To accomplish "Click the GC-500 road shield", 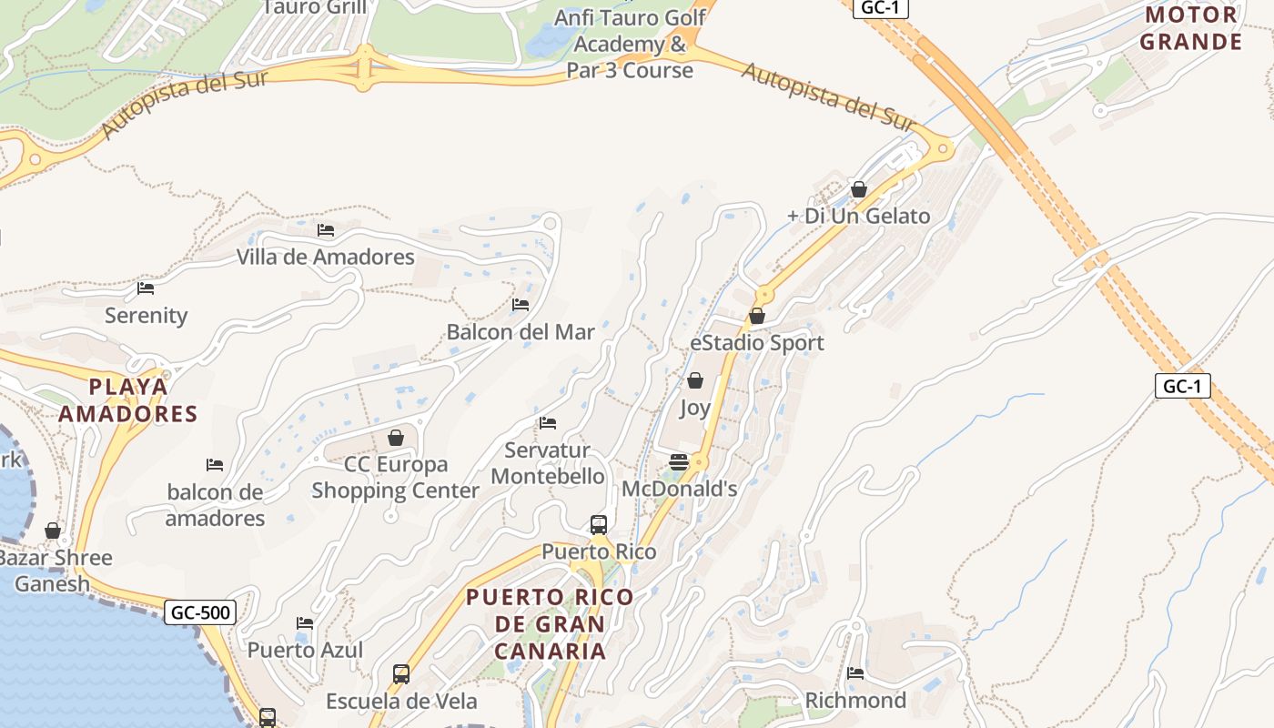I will click(x=201, y=612).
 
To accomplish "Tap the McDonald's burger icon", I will click(x=679, y=462).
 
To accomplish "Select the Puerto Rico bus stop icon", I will click(x=598, y=525).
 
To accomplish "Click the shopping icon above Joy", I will click(x=695, y=380).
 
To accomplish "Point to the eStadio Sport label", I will click(x=756, y=343).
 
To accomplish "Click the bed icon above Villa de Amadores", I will click(x=326, y=230).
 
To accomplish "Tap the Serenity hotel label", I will click(x=146, y=316).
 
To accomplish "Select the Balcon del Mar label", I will click(x=520, y=332).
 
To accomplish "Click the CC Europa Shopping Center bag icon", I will click(x=396, y=439).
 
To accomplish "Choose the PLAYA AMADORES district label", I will click(x=128, y=400).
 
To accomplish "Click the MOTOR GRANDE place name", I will click(x=1191, y=28).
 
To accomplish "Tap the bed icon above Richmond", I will click(x=855, y=673).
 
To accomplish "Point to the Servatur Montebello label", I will click(x=547, y=463).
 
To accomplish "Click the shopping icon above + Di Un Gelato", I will click(x=858, y=189).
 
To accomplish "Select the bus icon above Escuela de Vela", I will click(x=401, y=674).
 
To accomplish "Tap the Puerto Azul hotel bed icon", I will click(x=305, y=623).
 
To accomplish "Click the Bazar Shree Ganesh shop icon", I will click(x=53, y=531).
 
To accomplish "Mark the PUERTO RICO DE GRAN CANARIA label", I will click(x=550, y=624).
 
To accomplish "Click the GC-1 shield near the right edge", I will click(x=1183, y=386).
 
